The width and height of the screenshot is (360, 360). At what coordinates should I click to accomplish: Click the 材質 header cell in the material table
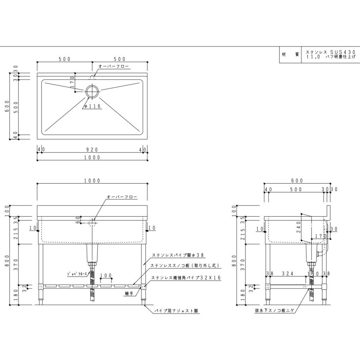tap(290, 54)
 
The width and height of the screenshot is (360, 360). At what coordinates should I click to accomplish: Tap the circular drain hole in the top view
tap(92, 91)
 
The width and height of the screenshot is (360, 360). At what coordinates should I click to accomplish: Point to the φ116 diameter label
tap(92, 106)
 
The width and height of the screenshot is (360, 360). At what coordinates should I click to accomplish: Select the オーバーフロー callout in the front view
tap(122, 197)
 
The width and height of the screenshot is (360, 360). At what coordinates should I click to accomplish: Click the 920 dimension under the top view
tap(92, 150)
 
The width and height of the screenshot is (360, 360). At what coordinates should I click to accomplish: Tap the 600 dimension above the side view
tap(297, 180)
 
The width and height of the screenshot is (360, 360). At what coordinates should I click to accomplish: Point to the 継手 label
tap(129, 294)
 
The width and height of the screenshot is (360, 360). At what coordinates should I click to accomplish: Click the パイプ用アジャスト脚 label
tap(176, 310)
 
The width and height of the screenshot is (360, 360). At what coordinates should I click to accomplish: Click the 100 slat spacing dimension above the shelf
tap(106, 276)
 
